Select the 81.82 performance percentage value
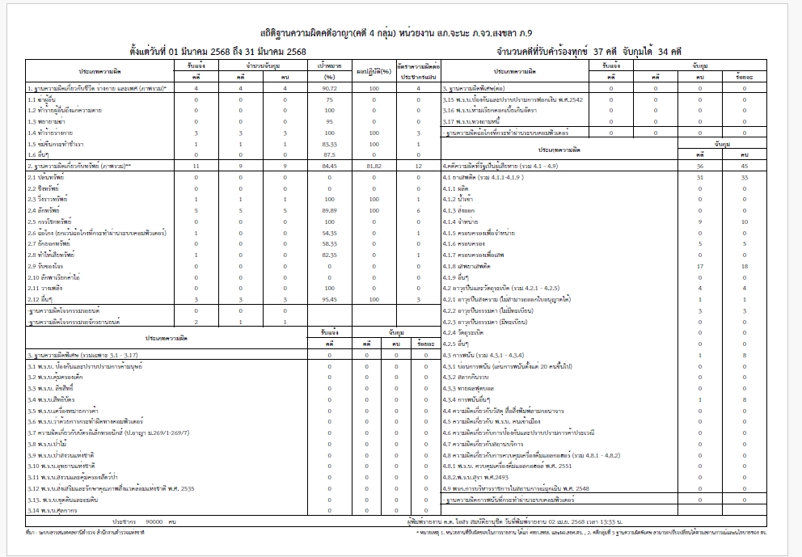pos(374,165)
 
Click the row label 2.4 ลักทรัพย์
pos(44,209)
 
